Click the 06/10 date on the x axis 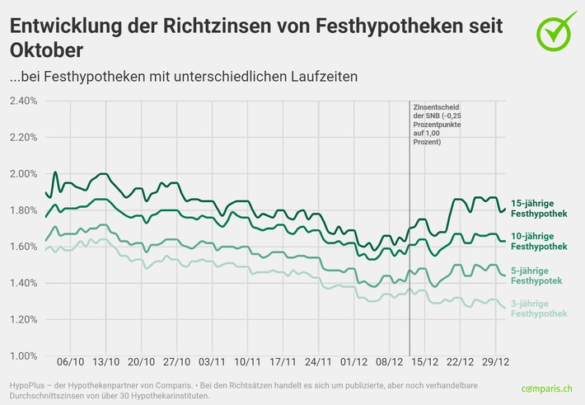(71, 362)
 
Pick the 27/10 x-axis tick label (177, 362)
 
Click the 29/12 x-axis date (496, 362)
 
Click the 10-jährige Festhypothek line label (539, 241)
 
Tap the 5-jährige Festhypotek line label (536, 275)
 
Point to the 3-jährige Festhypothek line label (539, 309)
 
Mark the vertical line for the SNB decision (409, 247)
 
